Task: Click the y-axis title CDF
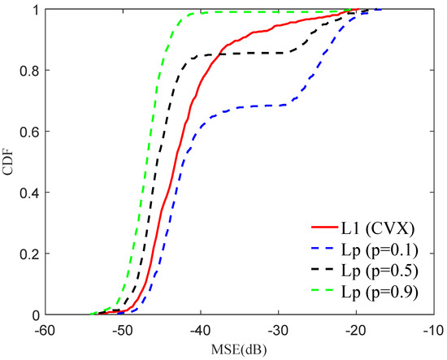point(10,163)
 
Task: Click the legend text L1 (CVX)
point(380,230)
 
